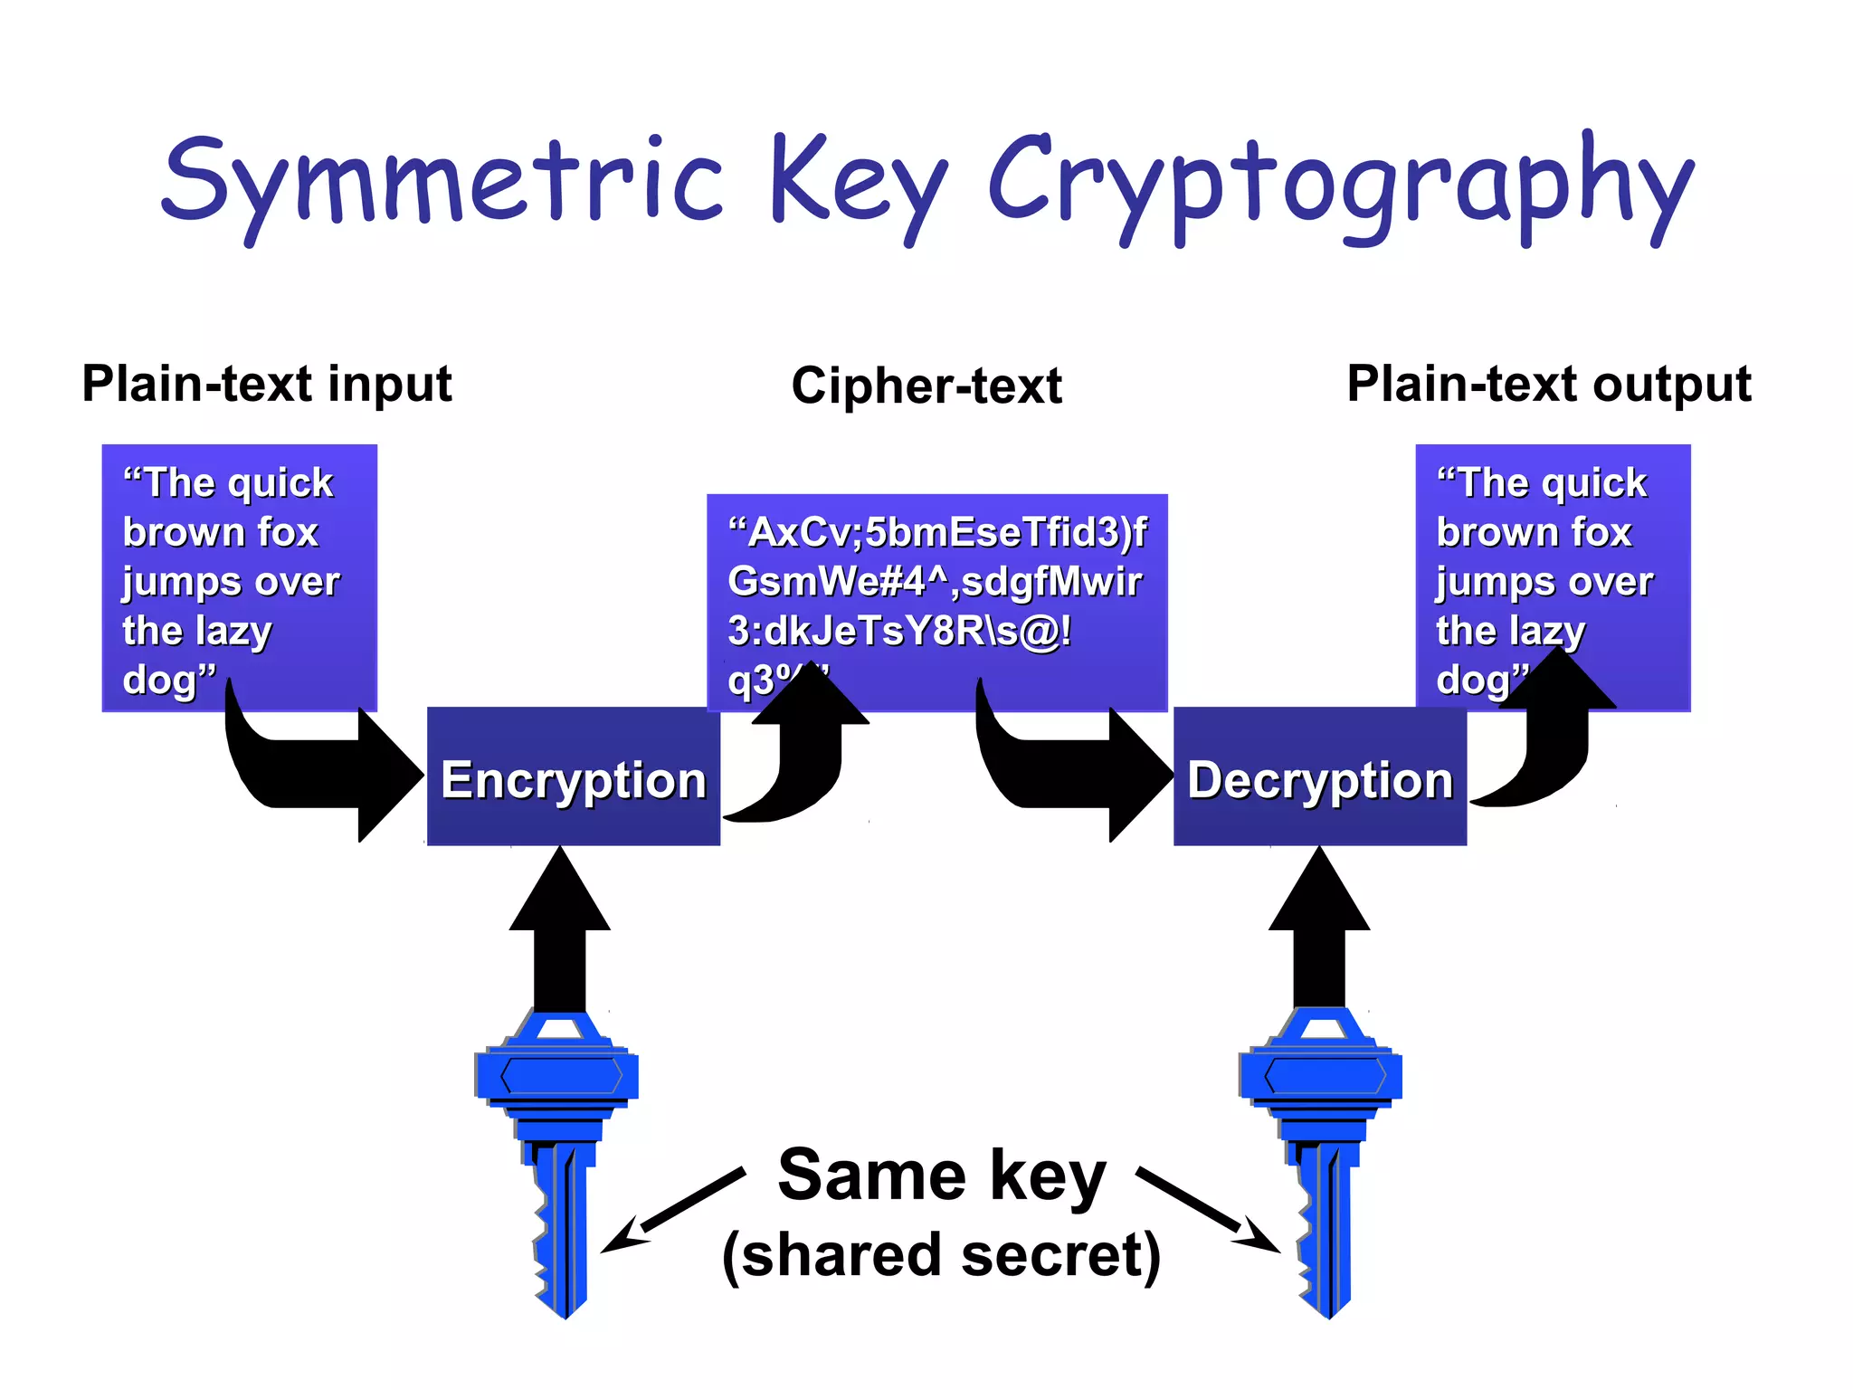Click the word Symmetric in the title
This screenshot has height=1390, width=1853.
[x=443, y=181]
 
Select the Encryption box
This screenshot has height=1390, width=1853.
[x=573, y=778]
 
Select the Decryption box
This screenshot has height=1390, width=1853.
[x=1319, y=778]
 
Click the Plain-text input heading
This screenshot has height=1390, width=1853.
[x=267, y=384]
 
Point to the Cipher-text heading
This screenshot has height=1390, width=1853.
[x=926, y=386]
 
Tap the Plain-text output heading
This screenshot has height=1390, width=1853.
[x=1548, y=384]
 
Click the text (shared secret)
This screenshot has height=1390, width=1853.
[x=941, y=1256]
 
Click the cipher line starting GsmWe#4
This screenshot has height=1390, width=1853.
[x=935, y=582]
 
